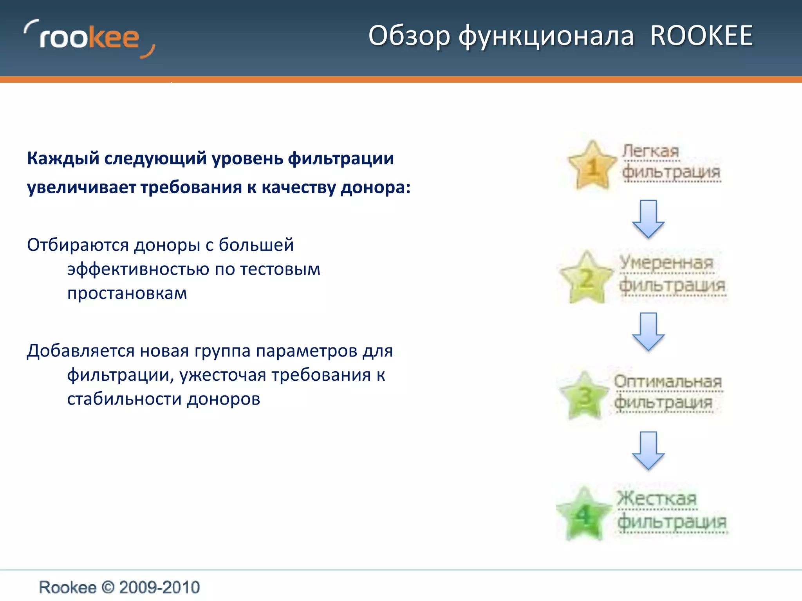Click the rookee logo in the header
(89, 39)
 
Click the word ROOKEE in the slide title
(701, 36)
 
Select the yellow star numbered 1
(592, 166)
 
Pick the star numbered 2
(586, 278)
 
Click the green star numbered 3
(585, 396)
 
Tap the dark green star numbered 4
(584, 515)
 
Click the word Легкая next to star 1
(651, 151)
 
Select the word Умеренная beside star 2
(667, 263)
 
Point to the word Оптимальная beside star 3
(668, 381)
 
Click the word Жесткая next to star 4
(657, 498)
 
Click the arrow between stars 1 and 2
(648, 219)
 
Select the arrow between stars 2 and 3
(648, 331)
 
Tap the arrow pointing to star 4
(648, 450)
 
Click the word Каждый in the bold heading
(63, 159)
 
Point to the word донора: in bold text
(375, 187)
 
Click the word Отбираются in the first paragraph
(78, 245)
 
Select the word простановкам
(127, 293)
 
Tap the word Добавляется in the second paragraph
(81, 351)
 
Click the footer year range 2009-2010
(159, 587)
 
